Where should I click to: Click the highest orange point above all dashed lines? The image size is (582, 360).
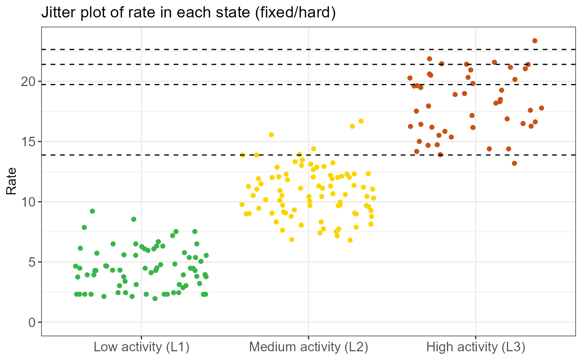[535, 41]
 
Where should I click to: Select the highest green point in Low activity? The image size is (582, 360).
[92, 211]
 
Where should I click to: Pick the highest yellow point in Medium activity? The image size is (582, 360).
[361, 121]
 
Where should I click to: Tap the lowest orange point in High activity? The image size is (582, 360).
[515, 163]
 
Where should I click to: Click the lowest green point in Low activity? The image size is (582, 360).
[155, 299]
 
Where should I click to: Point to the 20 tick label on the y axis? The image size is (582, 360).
[28, 81]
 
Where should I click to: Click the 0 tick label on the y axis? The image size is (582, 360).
[32, 322]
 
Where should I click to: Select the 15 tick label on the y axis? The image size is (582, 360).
[28, 142]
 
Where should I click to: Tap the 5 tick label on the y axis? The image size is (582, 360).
[32, 262]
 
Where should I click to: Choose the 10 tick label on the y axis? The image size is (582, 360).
[28, 202]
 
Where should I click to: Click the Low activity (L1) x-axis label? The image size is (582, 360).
[141, 347]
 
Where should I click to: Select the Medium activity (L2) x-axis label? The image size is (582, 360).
[308, 347]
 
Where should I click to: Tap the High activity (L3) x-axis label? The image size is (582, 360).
[476, 347]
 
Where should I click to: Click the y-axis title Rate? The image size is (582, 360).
[11, 181]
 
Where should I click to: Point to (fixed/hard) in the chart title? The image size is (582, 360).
[296, 12]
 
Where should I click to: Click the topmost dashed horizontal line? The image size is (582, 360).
[308, 49]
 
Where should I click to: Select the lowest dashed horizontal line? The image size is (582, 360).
[308, 155]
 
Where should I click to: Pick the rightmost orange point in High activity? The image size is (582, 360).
[541, 108]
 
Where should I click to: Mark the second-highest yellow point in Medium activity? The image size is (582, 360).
[353, 126]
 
